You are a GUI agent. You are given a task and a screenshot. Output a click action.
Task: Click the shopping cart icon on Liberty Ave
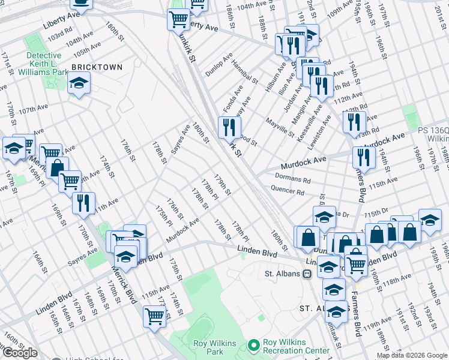point(178,19)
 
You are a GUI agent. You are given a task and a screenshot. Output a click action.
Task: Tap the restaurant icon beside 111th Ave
point(83,203)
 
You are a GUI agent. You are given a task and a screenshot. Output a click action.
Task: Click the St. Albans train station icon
point(306,274)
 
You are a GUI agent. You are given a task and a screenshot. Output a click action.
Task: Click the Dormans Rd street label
point(292,178)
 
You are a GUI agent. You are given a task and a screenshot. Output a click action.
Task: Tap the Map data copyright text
point(412,355)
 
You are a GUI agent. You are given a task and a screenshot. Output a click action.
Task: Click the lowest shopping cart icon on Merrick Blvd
point(154,316)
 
